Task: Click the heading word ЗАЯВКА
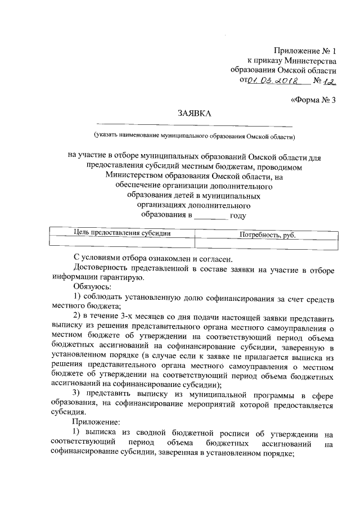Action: [194, 114]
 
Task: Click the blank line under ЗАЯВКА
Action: [194, 124]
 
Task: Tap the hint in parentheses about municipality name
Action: [194, 136]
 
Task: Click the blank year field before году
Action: [211, 215]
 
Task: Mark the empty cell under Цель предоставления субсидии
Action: [123, 243]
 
